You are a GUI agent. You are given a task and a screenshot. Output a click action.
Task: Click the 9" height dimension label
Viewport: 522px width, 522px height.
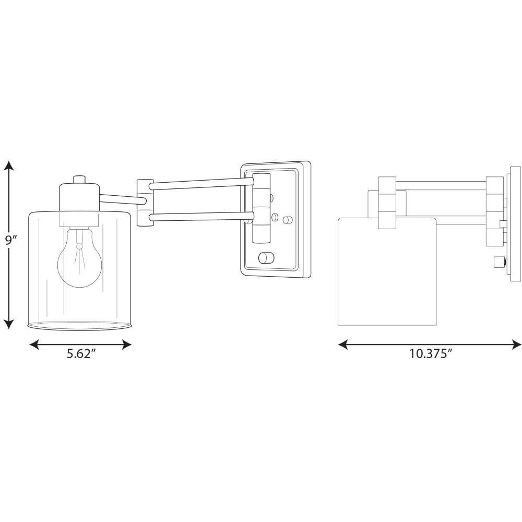pos(10,240)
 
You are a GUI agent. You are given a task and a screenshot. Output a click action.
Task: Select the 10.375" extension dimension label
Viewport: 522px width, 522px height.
pos(430,353)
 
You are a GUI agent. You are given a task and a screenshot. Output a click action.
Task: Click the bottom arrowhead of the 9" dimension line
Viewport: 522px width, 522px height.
pos(9,323)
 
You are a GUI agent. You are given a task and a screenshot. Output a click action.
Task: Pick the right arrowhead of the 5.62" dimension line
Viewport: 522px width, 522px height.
pos(125,345)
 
